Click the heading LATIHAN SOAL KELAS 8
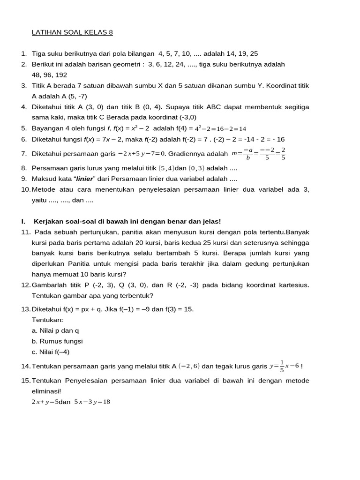coord(72,32)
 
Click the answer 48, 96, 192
coord(49,75)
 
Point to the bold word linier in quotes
coord(84,179)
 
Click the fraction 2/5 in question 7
coord(283,154)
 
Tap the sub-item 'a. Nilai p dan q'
coord(55,330)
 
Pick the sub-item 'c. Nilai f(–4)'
coord(51,352)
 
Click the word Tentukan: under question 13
coord(47,320)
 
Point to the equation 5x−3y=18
coord(92,402)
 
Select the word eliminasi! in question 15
coord(46,391)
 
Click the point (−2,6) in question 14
coord(189,366)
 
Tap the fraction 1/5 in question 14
coord(281,366)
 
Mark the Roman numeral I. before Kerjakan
coord(23,221)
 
